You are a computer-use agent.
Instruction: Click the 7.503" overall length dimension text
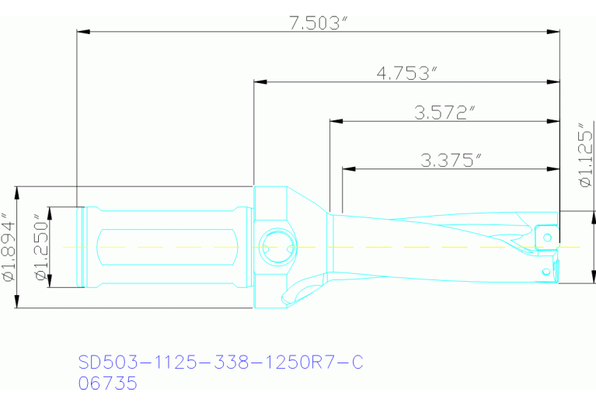coord(316,23)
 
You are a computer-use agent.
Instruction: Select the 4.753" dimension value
coord(408,73)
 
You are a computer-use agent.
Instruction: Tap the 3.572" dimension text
coord(444,113)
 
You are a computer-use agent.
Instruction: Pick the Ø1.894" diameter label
coord(9,246)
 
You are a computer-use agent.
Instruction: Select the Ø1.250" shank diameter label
coord(39,246)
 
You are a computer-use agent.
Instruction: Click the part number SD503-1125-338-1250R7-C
coord(221,363)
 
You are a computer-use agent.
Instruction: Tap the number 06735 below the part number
coord(108,383)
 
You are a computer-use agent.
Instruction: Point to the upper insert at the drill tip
coord(545,235)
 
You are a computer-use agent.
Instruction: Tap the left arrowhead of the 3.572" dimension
coord(335,121)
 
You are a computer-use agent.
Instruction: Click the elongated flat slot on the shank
coord(166,247)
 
